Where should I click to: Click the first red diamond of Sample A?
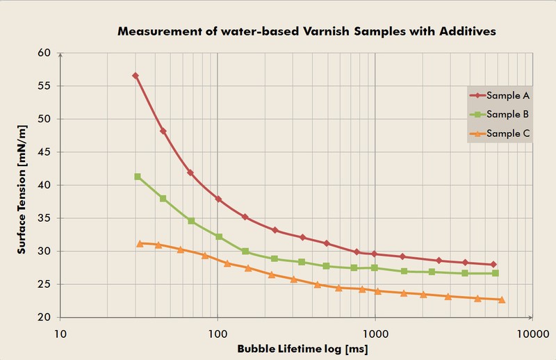(136, 76)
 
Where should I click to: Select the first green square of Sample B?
(138, 177)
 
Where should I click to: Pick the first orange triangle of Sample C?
(140, 244)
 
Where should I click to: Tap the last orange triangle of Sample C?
(502, 300)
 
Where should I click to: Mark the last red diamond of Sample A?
(493, 265)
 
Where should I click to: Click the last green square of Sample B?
(496, 273)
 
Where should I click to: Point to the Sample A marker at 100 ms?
(218, 199)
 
